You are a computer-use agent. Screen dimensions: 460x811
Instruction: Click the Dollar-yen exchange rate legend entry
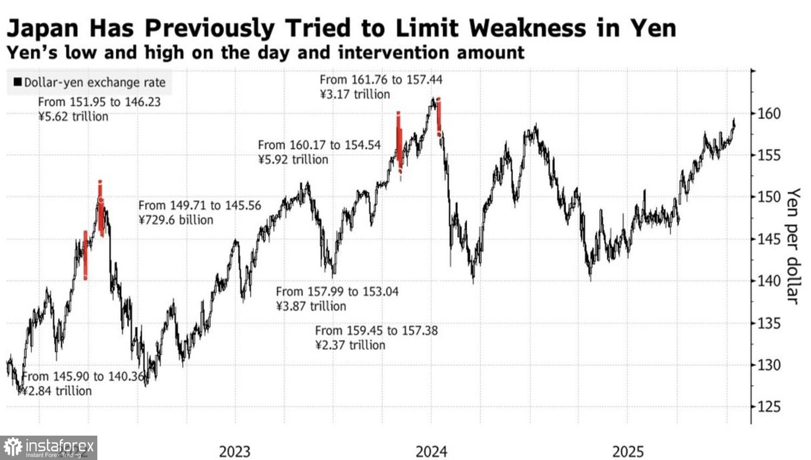click(x=89, y=82)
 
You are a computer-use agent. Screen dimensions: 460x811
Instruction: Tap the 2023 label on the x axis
click(x=235, y=451)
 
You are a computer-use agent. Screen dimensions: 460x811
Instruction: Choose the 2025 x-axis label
click(x=628, y=451)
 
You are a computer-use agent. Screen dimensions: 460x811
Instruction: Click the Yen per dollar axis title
click(x=793, y=246)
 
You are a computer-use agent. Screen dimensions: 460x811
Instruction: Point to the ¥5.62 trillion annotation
click(x=73, y=117)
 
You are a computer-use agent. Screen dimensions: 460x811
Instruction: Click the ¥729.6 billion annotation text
click(x=176, y=220)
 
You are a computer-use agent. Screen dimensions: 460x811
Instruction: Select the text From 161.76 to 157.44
click(x=381, y=80)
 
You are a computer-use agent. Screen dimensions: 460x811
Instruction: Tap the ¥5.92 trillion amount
click(x=293, y=160)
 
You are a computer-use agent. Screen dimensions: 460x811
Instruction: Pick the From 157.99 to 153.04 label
click(x=337, y=292)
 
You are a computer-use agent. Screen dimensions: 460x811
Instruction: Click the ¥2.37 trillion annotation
click(x=350, y=345)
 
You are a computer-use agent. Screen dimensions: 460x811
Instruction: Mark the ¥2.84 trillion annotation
click(x=57, y=391)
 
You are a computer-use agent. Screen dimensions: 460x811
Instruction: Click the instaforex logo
click(x=49, y=448)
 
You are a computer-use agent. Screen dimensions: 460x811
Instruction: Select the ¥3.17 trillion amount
click(x=355, y=95)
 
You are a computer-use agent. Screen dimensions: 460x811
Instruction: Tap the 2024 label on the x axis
click(x=431, y=451)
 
